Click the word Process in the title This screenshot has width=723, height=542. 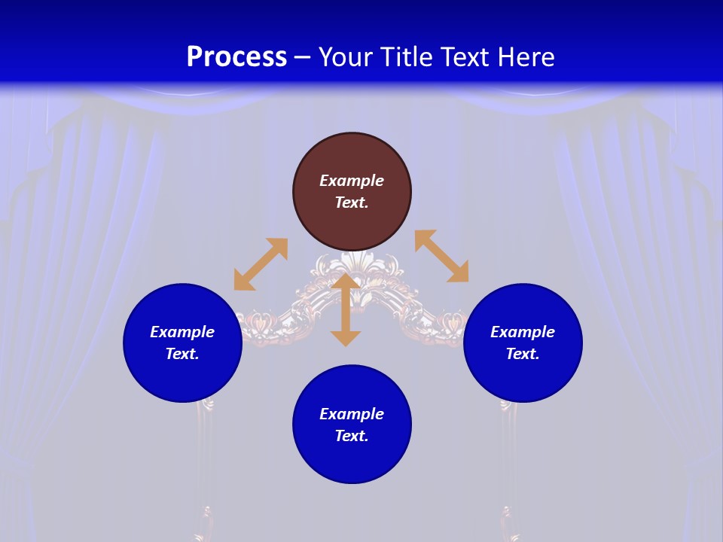click(236, 57)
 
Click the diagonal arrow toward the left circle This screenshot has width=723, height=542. click(261, 264)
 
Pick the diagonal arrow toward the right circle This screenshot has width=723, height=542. click(442, 256)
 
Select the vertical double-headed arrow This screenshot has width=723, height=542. click(346, 310)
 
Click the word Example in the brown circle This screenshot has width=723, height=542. click(352, 181)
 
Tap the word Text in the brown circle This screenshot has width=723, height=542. click(352, 202)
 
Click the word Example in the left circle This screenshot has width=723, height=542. click(182, 332)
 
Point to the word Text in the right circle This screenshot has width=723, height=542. click(523, 354)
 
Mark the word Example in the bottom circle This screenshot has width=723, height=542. click(352, 414)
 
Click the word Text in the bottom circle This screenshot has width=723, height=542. click(352, 436)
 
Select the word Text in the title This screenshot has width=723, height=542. click(467, 57)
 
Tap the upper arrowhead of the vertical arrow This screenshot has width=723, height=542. click(346, 282)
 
